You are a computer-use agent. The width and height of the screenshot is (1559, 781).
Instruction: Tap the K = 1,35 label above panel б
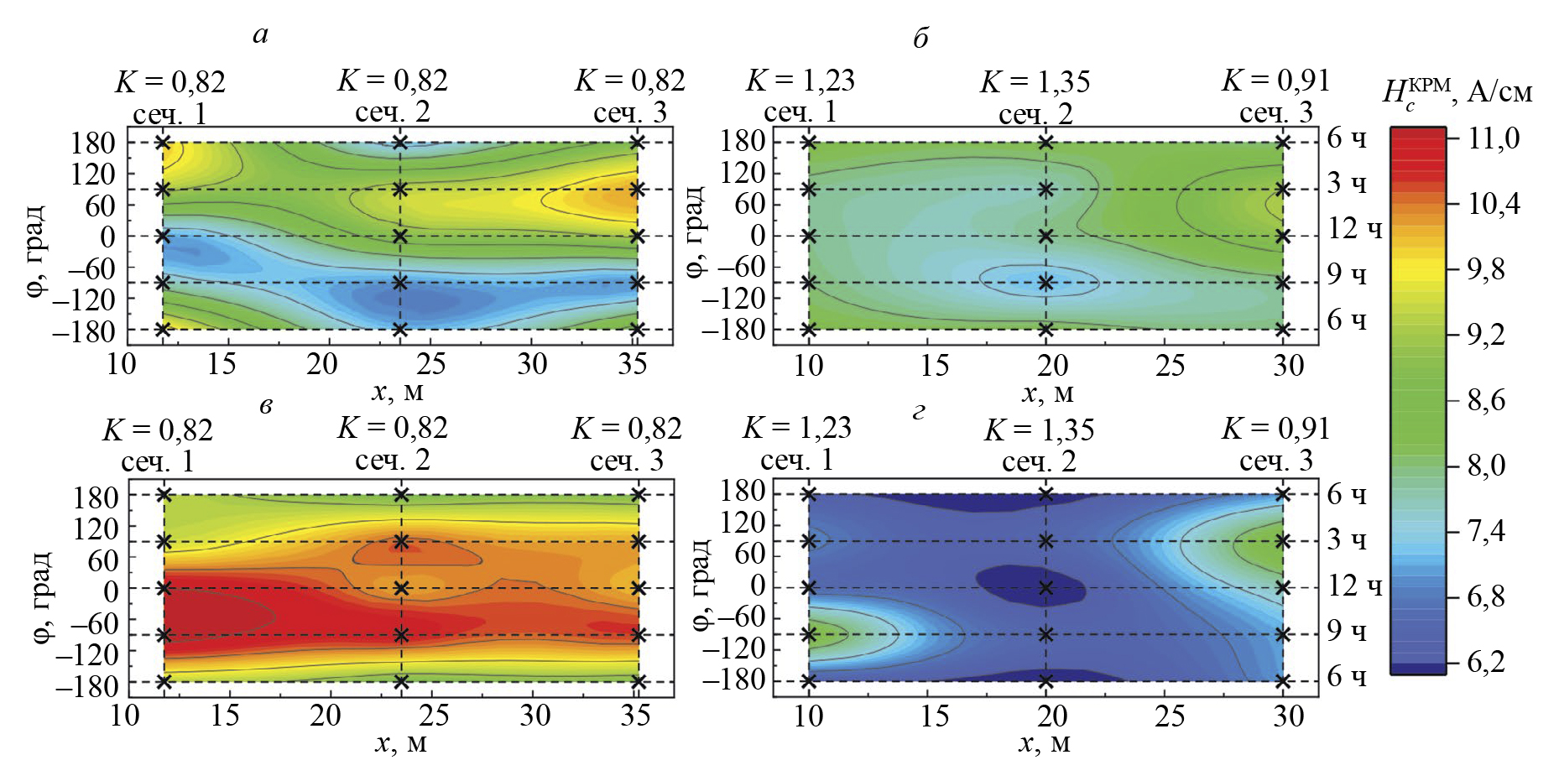pos(1035,82)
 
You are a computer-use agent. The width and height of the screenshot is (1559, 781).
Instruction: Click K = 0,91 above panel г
pos(1275,429)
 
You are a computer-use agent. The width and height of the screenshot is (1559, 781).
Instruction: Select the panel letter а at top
pos(261,34)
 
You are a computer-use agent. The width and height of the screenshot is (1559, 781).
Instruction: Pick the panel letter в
pos(266,407)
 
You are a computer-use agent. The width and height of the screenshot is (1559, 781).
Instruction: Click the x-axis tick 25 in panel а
pos(430,364)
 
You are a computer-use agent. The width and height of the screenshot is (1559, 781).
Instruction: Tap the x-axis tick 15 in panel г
pos(935,716)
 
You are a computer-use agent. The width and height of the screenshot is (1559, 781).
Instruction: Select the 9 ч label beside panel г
pos(1347,631)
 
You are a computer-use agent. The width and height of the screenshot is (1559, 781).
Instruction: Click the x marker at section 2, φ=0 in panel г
pos(1045,587)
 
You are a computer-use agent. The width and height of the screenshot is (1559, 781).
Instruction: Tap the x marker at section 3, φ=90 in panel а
pos(637,189)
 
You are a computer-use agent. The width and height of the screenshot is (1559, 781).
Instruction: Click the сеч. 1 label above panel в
pos(158,461)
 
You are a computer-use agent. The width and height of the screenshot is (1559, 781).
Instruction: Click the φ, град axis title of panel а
pos(36,253)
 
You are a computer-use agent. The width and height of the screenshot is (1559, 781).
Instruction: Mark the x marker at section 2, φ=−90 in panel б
pos(1045,283)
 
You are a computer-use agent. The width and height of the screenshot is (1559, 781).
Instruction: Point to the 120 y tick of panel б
pos(743,173)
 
